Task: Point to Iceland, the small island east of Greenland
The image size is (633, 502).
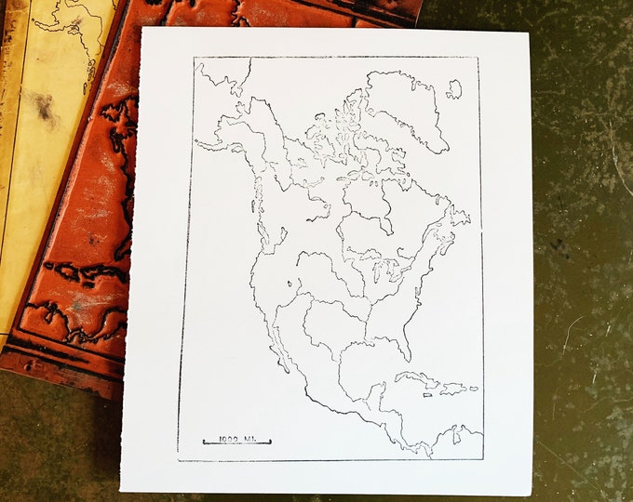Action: (454, 89)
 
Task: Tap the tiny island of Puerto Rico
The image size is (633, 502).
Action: (473, 389)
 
